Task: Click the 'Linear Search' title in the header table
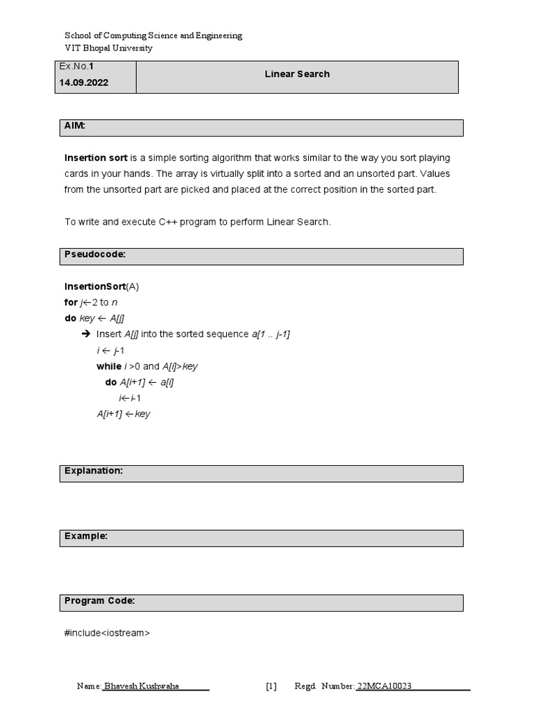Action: pos(297,74)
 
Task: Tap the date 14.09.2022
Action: pos(84,83)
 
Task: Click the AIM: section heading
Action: pos(75,126)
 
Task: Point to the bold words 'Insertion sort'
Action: pos(96,158)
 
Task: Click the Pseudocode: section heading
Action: pos(95,254)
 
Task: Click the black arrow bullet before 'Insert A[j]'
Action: pos(86,334)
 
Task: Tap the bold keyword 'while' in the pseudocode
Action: pos(108,366)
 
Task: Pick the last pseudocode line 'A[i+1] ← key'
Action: pos(124,414)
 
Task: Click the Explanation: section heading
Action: pos(94,471)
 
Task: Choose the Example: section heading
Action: pos(86,536)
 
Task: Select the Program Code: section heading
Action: pos(100,600)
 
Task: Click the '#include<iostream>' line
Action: pos(107,632)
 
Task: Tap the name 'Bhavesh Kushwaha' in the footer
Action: pos(142,686)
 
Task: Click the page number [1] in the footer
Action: pos(271,686)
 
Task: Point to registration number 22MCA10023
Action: pos(384,686)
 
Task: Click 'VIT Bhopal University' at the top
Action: pos(108,48)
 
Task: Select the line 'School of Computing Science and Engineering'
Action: pos(153,35)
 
